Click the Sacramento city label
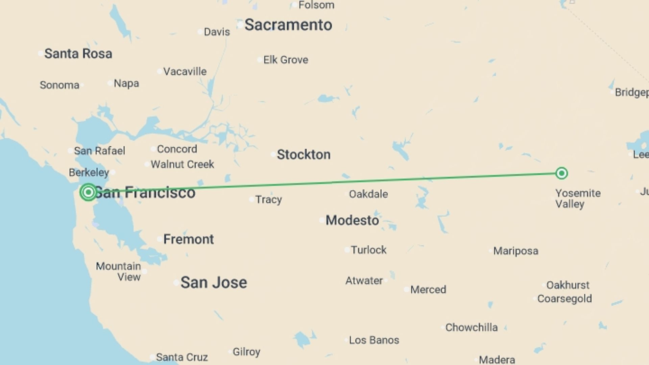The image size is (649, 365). coord(288,25)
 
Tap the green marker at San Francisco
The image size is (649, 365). coord(88,192)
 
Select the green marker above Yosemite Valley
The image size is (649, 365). coord(561,173)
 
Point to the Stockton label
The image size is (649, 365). coord(304,154)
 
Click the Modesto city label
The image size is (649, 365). coord(352,220)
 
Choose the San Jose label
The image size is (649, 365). coord(214,283)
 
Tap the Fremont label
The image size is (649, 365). coord(188,239)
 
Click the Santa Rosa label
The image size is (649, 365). coord(78,53)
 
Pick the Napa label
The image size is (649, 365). coord(126,83)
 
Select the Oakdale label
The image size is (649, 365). coord(368,194)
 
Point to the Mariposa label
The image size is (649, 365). coord(515,251)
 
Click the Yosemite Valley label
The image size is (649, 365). coord(578,198)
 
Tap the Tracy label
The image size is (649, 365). coord(268,199)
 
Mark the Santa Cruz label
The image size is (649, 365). coord(182,357)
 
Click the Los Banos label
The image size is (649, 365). coord(374,340)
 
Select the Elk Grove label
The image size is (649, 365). coord(286,60)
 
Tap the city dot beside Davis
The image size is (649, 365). coord(200,32)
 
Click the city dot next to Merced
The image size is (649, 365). coord(407,290)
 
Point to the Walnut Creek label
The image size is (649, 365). coord(182,164)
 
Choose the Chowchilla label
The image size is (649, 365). coord(471,327)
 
